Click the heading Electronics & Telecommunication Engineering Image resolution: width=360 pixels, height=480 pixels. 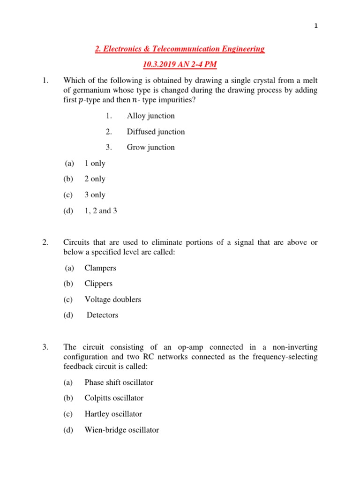180,49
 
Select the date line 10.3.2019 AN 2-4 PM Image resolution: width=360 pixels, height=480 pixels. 180,64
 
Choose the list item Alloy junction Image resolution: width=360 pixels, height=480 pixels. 150,116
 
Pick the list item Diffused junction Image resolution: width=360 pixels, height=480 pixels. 156,132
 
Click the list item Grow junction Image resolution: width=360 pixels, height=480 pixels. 150,147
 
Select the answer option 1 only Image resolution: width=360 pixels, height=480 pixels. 95,163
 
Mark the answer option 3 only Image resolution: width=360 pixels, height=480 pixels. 95,195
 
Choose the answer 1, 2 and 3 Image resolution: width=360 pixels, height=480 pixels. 101,210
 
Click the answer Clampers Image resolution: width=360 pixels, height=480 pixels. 100,268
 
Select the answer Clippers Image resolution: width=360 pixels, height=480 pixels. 98,284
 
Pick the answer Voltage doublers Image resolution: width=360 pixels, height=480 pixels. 112,299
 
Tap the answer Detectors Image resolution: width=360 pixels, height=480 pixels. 102,315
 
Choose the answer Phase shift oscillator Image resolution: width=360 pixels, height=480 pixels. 119,382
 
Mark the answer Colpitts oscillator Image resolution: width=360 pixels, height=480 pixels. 114,398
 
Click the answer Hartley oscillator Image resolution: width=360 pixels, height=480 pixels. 113,414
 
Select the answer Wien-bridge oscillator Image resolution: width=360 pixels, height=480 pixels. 121,429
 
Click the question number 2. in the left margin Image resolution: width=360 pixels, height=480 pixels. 45,242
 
